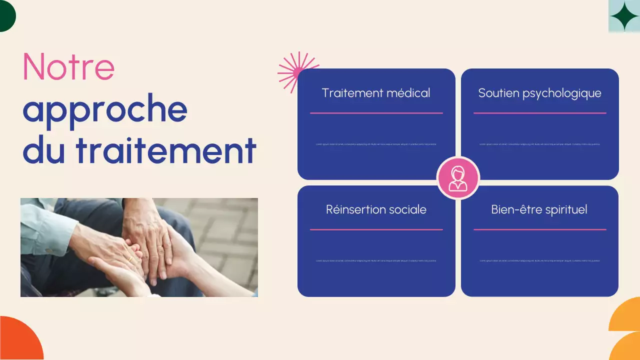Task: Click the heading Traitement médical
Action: click(376, 93)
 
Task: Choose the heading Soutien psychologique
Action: click(539, 93)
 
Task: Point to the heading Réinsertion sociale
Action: click(376, 209)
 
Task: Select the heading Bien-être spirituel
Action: click(539, 209)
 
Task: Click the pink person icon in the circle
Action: click(458, 178)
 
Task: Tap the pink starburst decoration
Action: click(296, 71)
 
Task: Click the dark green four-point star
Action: click(624, 16)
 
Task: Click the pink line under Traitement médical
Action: click(376, 113)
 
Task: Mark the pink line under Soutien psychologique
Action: click(539, 113)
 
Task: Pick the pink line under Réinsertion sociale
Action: click(376, 229)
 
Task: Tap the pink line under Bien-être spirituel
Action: click(539, 229)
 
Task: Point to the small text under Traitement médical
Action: click(376, 144)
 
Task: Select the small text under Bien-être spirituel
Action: click(539, 260)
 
